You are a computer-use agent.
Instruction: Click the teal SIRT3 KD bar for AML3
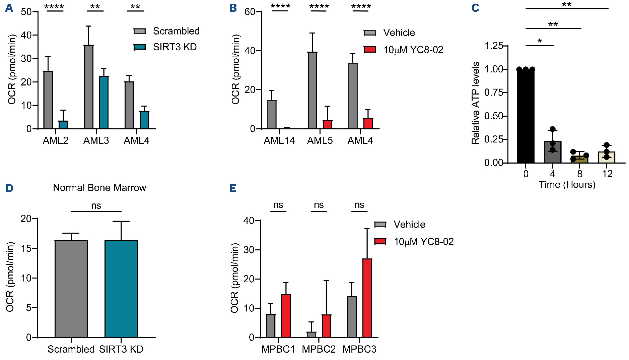click(104, 103)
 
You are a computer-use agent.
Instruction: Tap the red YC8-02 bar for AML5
click(328, 124)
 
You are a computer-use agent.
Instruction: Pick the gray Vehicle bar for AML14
click(272, 114)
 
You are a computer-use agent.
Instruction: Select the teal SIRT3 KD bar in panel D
click(121, 289)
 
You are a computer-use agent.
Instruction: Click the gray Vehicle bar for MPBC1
click(271, 325)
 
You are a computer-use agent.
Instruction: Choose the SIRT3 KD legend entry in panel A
click(165, 47)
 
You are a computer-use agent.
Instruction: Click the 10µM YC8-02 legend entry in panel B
click(404, 50)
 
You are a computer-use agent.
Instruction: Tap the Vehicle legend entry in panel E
click(400, 224)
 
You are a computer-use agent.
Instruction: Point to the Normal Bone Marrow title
click(99, 187)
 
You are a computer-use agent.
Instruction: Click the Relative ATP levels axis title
click(475, 103)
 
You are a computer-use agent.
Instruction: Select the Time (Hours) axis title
click(567, 184)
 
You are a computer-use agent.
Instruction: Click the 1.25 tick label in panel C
click(493, 45)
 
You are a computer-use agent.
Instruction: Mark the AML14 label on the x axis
click(279, 140)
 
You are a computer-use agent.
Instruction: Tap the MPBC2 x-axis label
click(319, 349)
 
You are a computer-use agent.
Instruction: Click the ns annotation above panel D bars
click(96, 205)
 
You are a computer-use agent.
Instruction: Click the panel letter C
click(475, 8)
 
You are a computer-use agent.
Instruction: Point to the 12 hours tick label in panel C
click(607, 174)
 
